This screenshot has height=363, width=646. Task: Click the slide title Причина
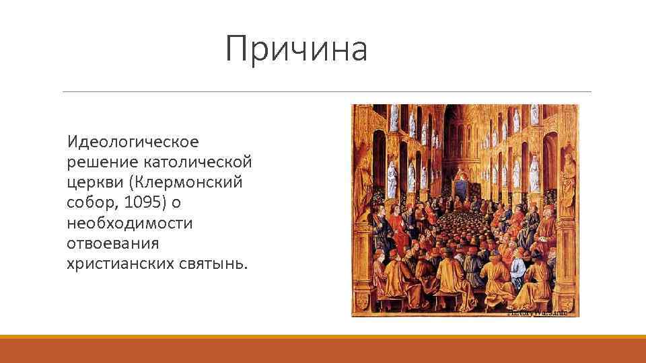pyautogui.click(x=296, y=49)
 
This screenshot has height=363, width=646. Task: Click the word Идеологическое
pyautogui.click(x=133, y=143)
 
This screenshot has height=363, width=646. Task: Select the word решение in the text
pyautogui.click(x=102, y=163)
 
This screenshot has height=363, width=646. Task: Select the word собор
pyautogui.click(x=89, y=203)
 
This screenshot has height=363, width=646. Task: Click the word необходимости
pyautogui.click(x=129, y=223)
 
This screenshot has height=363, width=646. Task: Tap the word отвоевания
pyautogui.click(x=112, y=243)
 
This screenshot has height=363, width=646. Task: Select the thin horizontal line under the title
pyautogui.click(x=326, y=91)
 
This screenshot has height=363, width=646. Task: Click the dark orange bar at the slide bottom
pyautogui.click(x=323, y=351)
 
